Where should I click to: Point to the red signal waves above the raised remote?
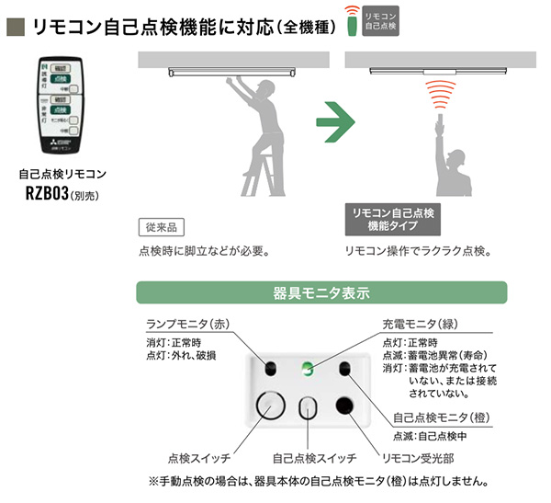point(441,96)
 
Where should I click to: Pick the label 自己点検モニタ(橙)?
point(442,417)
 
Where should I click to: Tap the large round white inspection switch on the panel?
point(270,405)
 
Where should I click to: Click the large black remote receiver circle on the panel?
point(346,406)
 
